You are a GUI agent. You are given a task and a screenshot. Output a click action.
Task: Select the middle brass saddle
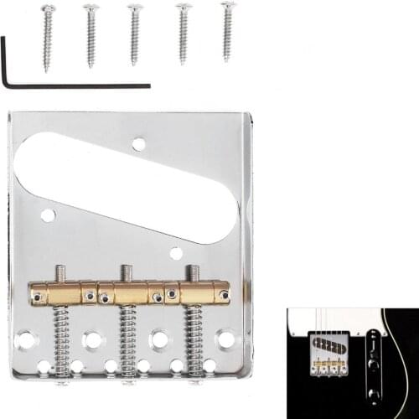[x=130, y=292]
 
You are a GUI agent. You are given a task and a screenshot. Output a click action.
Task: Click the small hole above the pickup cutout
[x=138, y=143]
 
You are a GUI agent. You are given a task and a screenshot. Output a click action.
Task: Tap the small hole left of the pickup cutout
[x=48, y=215]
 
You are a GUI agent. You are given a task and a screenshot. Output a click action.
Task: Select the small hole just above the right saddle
[x=176, y=253]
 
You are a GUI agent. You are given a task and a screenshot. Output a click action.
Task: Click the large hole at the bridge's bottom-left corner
[x=26, y=340]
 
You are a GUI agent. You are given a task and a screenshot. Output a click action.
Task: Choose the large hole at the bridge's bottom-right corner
[x=225, y=339]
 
